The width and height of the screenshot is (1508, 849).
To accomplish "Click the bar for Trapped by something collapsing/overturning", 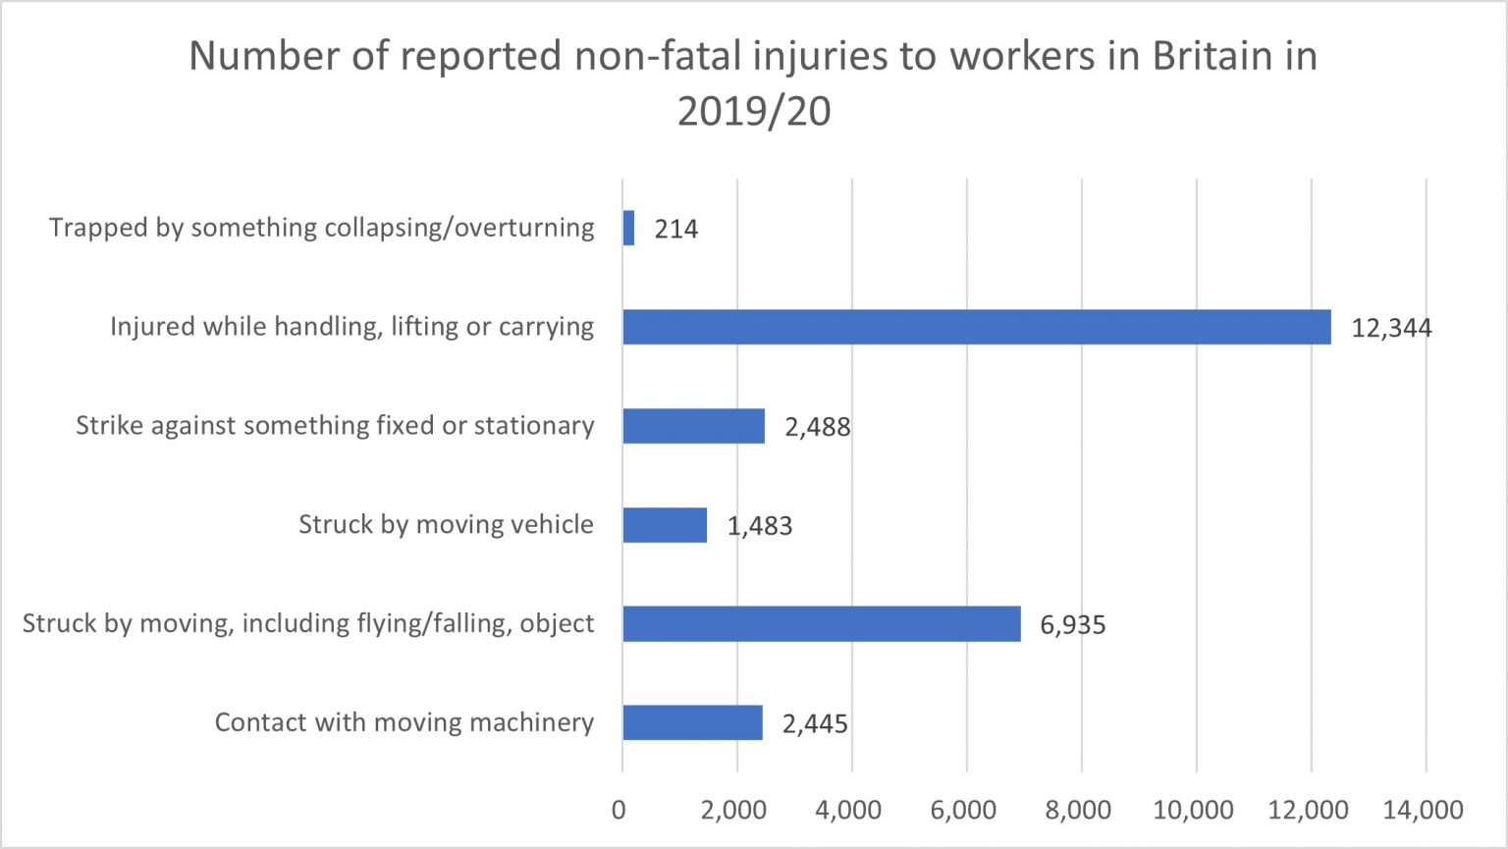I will tap(628, 229).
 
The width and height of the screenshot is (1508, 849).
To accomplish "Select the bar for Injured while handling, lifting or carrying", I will tap(976, 327).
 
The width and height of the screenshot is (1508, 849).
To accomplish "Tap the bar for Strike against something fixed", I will tap(693, 426).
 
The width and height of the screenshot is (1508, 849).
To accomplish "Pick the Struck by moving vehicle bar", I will tap(665, 525).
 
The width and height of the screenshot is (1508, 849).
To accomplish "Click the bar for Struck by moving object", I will tap(821, 624).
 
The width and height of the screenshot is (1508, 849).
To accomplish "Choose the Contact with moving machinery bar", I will tap(692, 722).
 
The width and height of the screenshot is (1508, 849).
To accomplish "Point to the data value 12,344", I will tap(1391, 328).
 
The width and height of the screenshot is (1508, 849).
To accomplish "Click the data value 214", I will tap(676, 230).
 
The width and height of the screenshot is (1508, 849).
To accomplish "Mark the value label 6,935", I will tap(1073, 625).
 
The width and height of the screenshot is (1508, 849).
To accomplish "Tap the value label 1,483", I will tap(760, 526).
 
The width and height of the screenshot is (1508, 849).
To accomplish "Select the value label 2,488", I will tap(818, 427).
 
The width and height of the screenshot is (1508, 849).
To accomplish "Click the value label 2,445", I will tap(815, 724).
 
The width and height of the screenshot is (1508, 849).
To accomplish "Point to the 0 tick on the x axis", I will tap(619, 810).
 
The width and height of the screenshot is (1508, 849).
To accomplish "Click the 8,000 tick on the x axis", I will tap(1078, 810).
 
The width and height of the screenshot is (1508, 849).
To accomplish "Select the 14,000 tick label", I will tap(1424, 810).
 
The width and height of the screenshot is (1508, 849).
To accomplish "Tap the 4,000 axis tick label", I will tap(848, 810).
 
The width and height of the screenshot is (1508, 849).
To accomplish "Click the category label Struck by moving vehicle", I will tap(446, 524).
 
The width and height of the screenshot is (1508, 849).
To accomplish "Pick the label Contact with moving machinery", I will tap(404, 722).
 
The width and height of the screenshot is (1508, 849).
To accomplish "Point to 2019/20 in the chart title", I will tap(754, 112).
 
